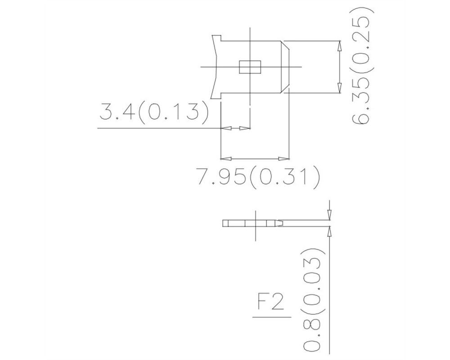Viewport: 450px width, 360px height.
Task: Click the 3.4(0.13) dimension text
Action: [153, 111]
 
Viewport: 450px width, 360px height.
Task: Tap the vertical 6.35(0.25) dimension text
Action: [363, 66]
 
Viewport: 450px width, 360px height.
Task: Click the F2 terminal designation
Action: [271, 302]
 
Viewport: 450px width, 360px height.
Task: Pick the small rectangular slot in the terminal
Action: [250, 67]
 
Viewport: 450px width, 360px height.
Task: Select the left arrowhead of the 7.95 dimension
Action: [226, 158]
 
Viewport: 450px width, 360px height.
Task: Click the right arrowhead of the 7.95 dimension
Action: [284, 158]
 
